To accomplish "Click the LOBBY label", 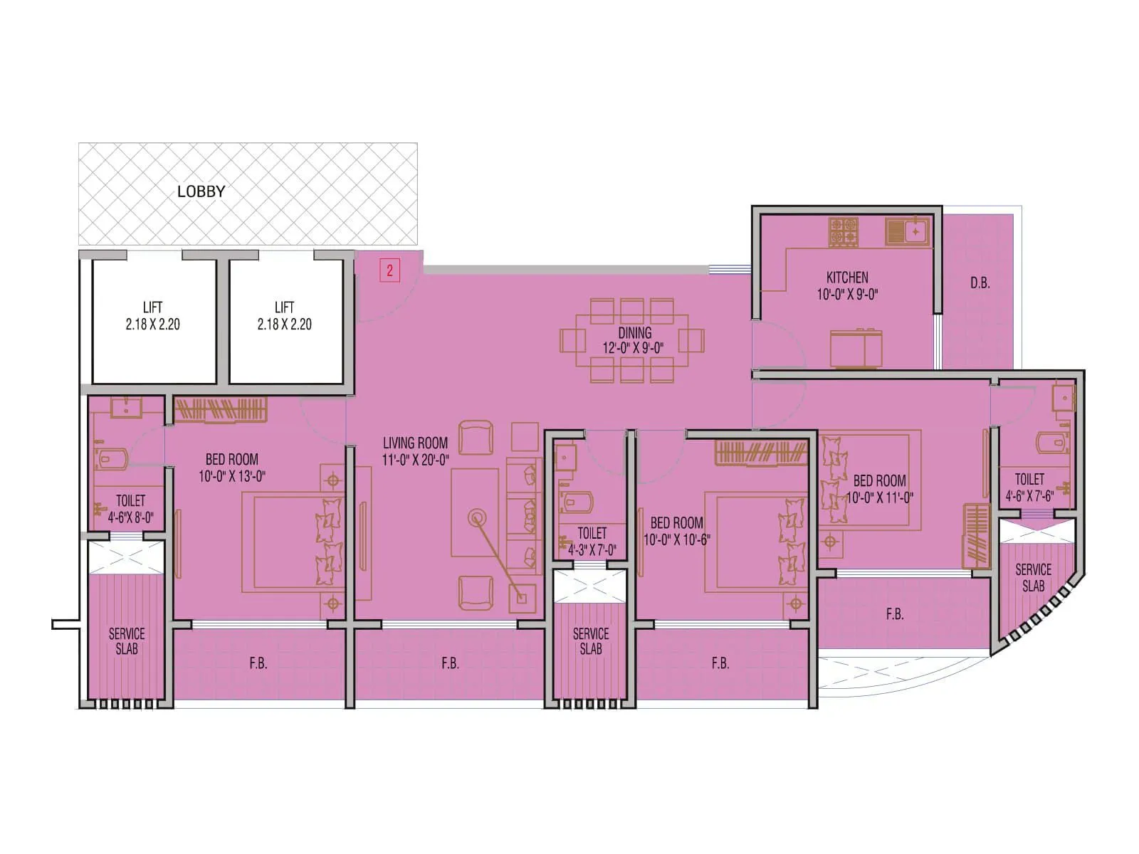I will point(201,191).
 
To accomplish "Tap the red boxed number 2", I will point(389,270).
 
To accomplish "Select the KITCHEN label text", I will point(847,278).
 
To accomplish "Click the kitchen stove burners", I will point(844,233).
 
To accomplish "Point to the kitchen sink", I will point(908,232).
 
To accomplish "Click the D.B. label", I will point(980,283).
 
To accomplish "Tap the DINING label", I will point(634,332).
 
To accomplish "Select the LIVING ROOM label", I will point(415,443).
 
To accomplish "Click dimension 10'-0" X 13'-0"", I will point(232,477).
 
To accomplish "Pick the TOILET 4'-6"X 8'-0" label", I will point(130,509).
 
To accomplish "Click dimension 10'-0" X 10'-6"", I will point(676,540).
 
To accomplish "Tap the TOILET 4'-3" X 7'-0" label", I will point(592,541).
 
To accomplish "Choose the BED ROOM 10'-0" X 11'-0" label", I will point(880,489).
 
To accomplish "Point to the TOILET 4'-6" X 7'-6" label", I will point(1029,487).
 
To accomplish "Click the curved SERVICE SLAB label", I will point(1033,577).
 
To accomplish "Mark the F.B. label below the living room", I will point(450,663).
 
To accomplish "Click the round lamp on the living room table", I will point(476,517).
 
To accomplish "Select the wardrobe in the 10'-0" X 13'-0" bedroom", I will point(221,410).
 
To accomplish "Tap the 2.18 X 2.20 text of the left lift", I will point(152,325).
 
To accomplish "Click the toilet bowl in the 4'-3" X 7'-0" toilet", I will point(577,502).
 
